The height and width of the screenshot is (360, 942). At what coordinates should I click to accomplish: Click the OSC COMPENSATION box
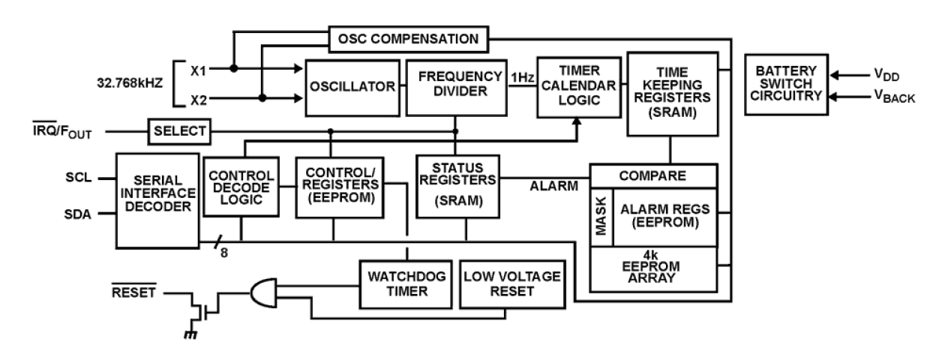tap(408, 38)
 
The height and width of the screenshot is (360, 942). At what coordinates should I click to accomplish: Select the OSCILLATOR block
tap(351, 87)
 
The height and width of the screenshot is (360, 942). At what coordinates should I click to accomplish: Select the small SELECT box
tap(179, 131)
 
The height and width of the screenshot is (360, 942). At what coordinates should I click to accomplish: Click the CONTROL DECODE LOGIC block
tap(241, 188)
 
